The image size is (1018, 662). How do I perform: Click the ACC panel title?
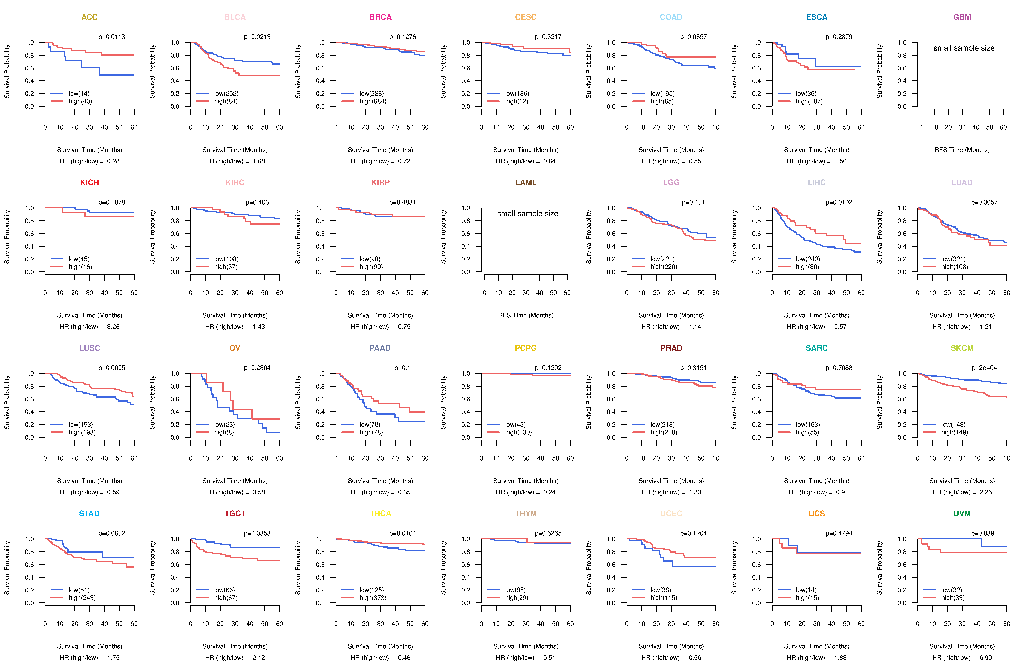(x=89, y=17)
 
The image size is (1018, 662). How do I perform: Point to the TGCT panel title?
(x=235, y=513)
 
